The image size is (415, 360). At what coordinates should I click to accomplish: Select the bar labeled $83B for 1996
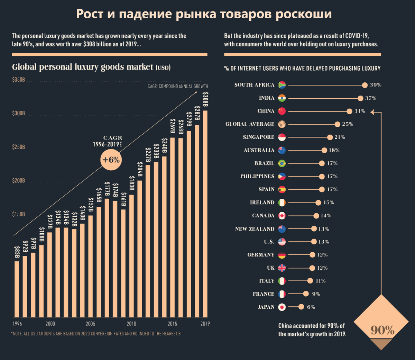(x=17, y=289)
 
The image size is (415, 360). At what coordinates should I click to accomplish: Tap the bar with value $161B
(x=123, y=263)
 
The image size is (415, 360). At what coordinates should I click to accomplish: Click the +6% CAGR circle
(x=111, y=160)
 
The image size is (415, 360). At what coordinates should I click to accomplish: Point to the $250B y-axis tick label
(x=19, y=147)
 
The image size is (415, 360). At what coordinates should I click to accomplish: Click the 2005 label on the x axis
(x=91, y=324)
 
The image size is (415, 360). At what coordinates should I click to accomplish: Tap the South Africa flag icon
(x=282, y=85)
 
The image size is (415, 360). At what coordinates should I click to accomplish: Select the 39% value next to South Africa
(x=376, y=85)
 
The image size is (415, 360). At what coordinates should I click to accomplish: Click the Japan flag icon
(x=282, y=307)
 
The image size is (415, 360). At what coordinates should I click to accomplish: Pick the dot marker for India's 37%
(x=360, y=98)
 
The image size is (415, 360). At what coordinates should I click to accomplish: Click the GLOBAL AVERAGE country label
(x=250, y=124)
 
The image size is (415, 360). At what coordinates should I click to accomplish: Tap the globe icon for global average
(x=282, y=124)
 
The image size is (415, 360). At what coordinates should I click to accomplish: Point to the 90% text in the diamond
(x=382, y=330)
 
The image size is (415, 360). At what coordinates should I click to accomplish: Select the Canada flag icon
(x=282, y=216)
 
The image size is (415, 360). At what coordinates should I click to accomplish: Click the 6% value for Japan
(x=311, y=307)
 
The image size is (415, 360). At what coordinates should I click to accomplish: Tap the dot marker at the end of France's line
(x=306, y=294)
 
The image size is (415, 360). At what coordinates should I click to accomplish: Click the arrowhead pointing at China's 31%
(x=372, y=111)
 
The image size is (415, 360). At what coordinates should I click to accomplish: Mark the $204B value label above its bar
(x=140, y=169)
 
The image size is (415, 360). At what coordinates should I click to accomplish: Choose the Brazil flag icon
(x=282, y=163)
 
